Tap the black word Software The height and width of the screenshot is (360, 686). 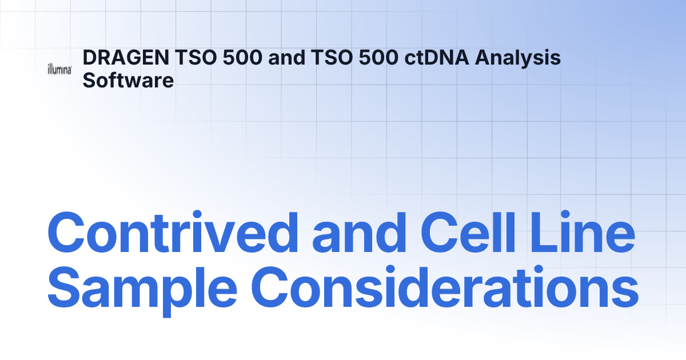[128, 80]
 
